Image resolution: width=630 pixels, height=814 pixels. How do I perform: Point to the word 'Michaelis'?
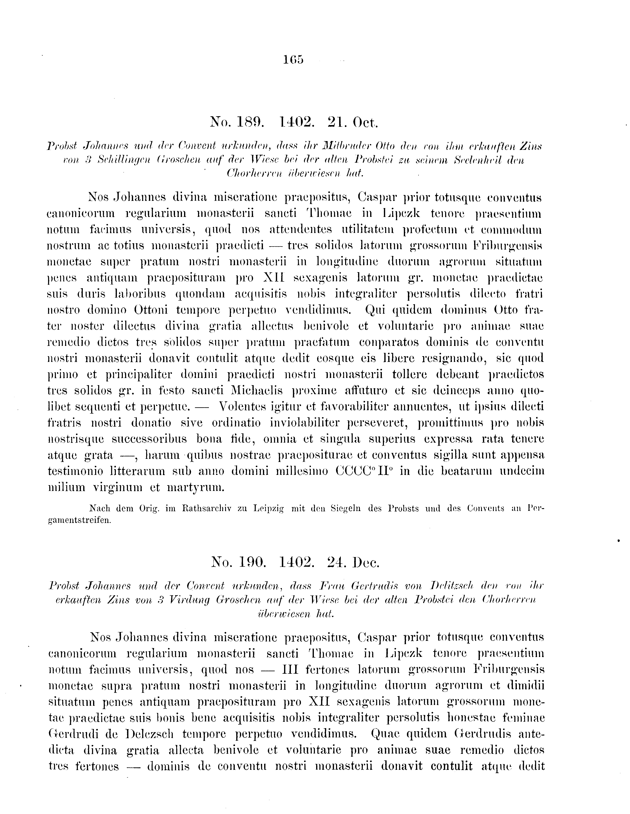coord(257,391)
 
